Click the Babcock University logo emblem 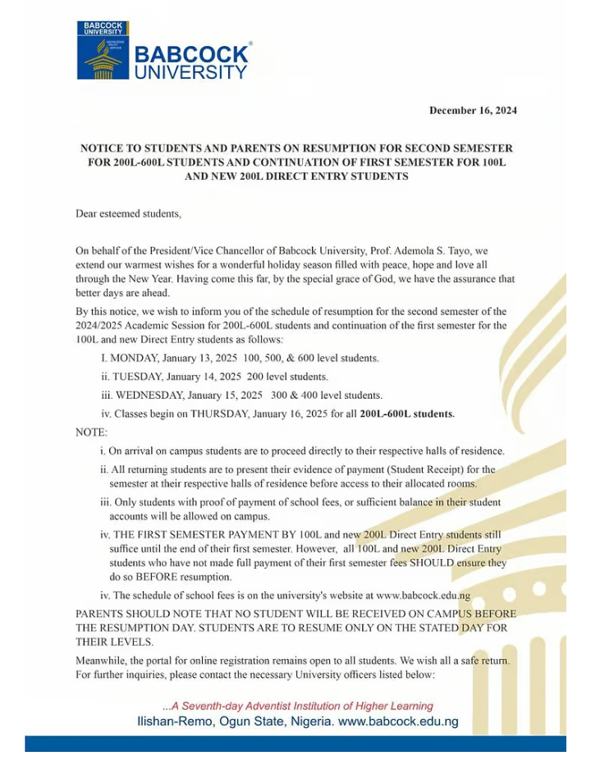pyautogui.click(x=103, y=51)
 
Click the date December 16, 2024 pyautogui.click(x=473, y=110)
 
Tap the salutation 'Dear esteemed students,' pyautogui.click(x=127, y=214)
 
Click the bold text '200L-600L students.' pyautogui.click(x=407, y=413)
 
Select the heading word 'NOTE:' pyautogui.click(x=90, y=431)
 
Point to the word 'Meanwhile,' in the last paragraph pyautogui.click(x=102, y=661)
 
